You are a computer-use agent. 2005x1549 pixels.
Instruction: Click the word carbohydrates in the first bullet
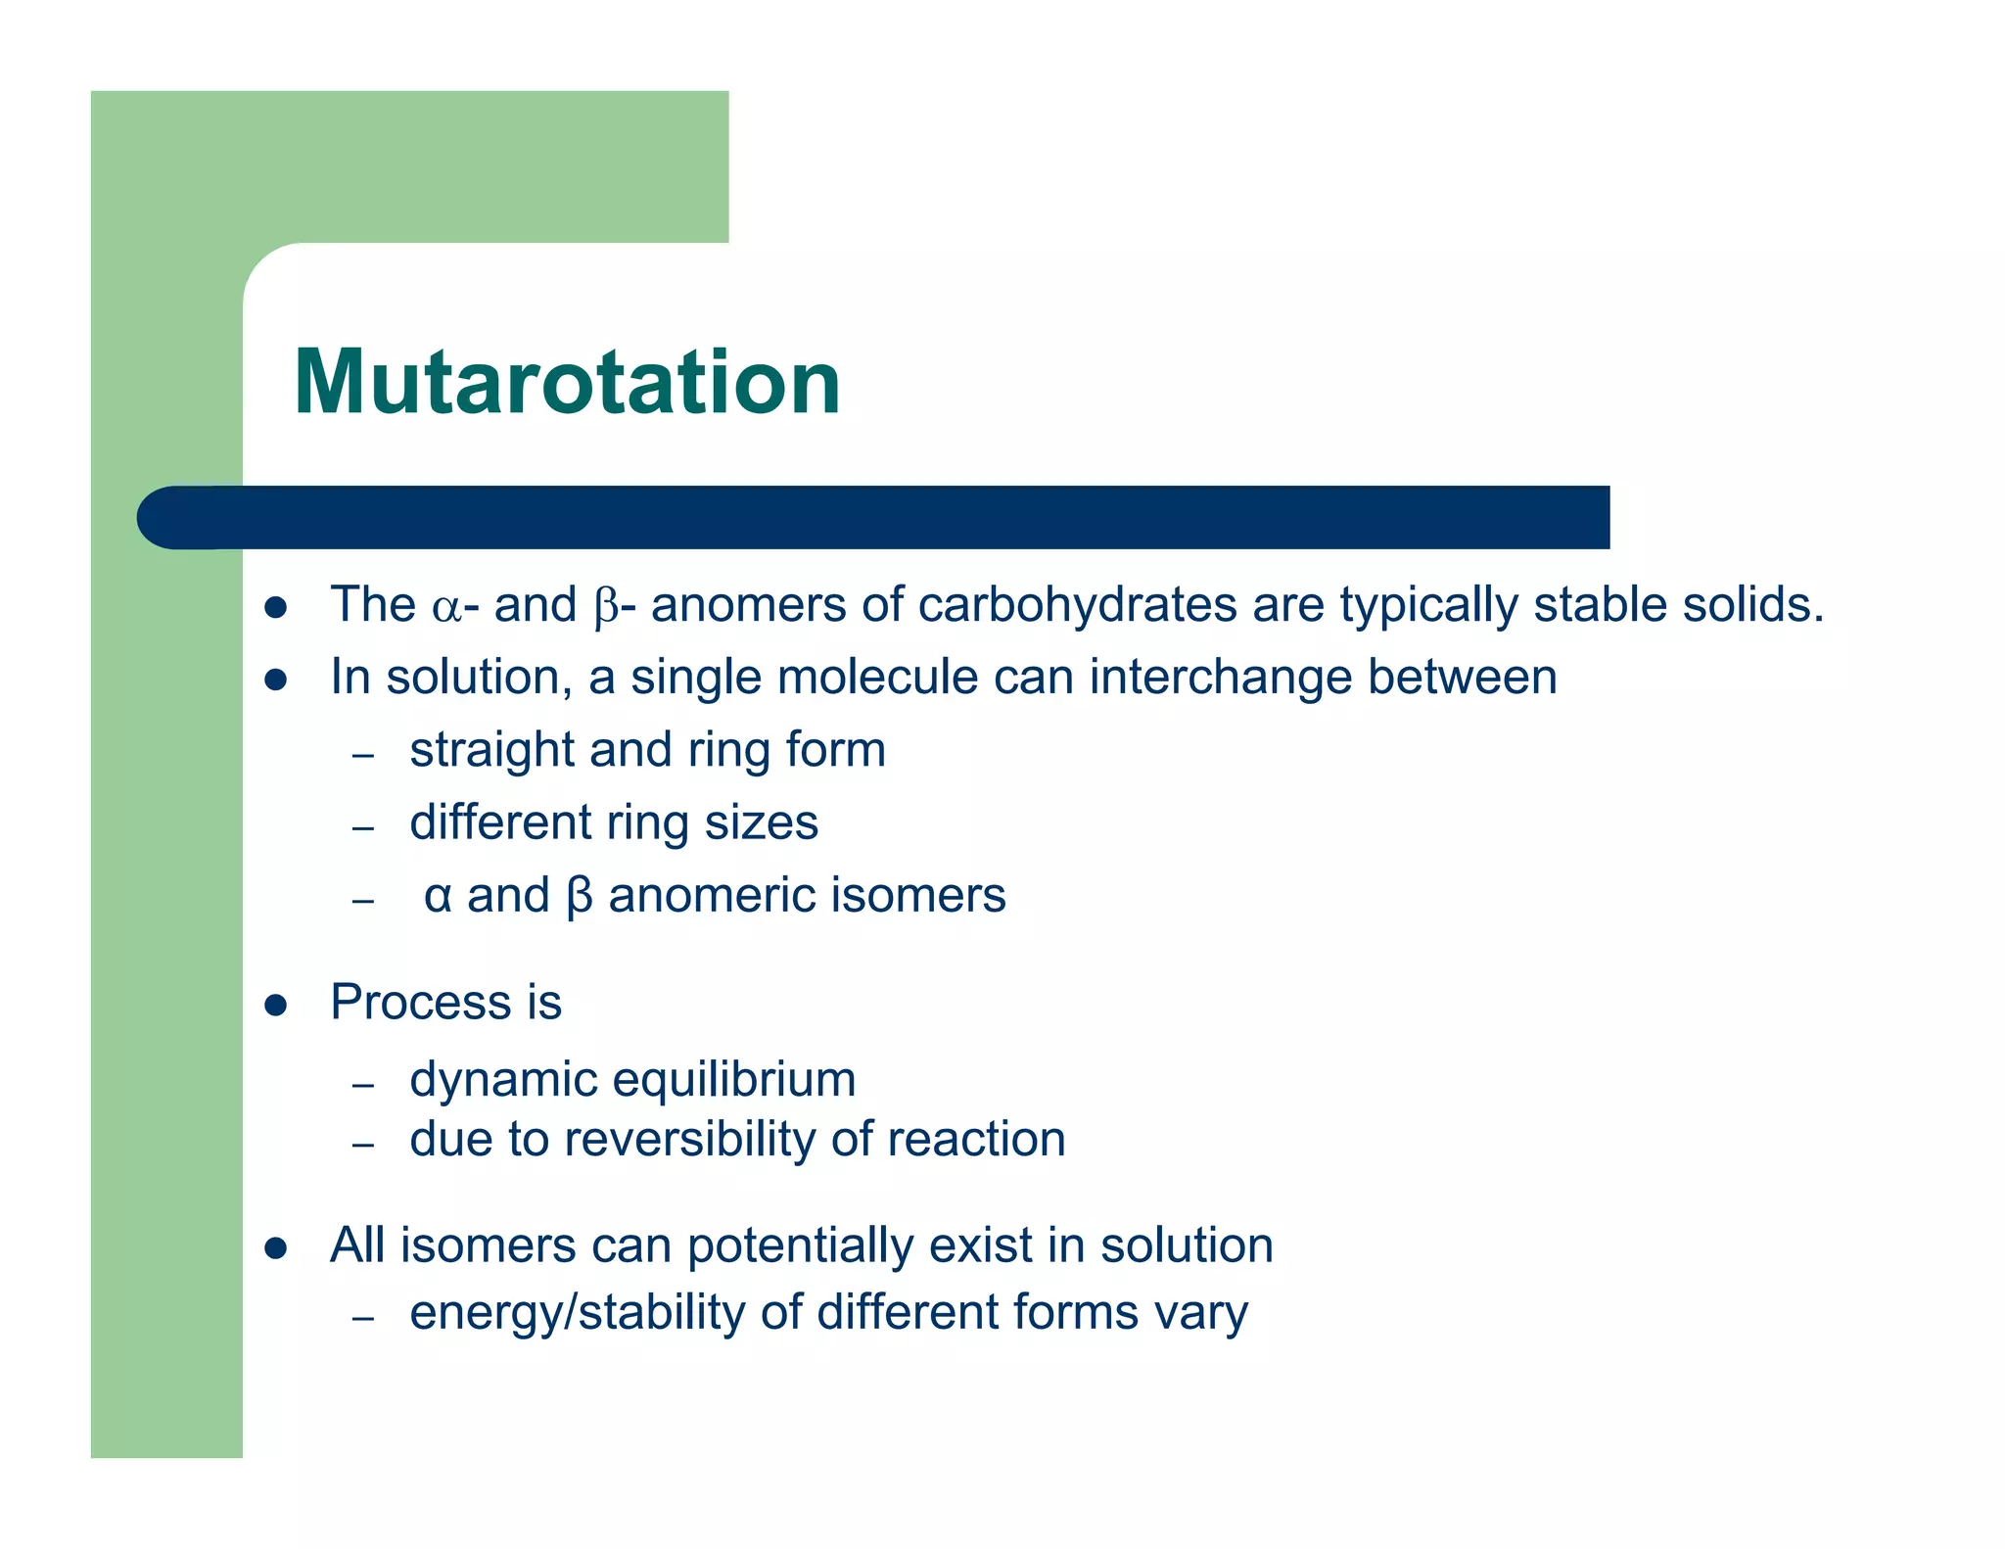click(x=1077, y=605)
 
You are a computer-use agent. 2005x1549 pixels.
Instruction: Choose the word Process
click(x=421, y=1003)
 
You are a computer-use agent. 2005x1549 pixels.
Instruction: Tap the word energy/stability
click(x=577, y=1313)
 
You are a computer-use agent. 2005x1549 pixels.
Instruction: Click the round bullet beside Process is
click(x=276, y=1006)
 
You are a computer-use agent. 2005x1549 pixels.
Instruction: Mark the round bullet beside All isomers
click(x=276, y=1248)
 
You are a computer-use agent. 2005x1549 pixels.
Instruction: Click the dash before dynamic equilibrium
click(x=363, y=1085)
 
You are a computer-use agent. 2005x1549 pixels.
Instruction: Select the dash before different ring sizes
click(x=363, y=828)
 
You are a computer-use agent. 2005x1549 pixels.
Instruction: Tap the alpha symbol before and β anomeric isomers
click(x=438, y=897)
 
